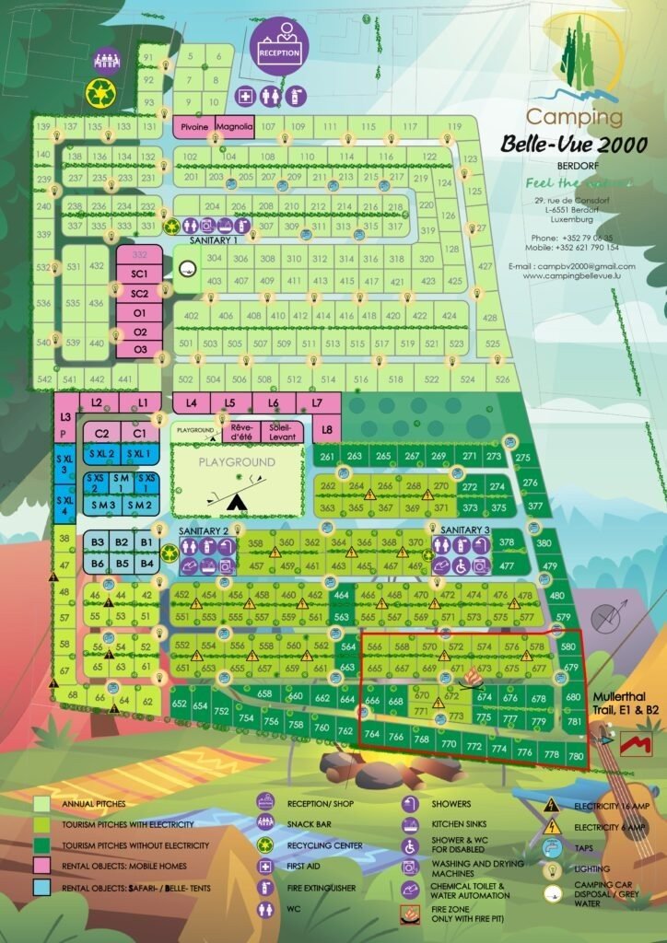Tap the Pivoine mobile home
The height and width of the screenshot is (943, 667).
click(x=193, y=126)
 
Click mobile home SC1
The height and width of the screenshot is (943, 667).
click(x=140, y=274)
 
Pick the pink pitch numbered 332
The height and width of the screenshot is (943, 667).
click(x=140, y=254)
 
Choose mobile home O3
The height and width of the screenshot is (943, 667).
click(x=140, y=349)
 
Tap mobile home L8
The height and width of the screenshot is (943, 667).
click(x=326, y=428)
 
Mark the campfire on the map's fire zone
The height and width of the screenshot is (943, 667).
click(x=474, y=679)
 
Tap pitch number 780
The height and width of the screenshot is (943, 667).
click(x=577, y=757)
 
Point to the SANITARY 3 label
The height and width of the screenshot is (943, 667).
click(x=465, y=530)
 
